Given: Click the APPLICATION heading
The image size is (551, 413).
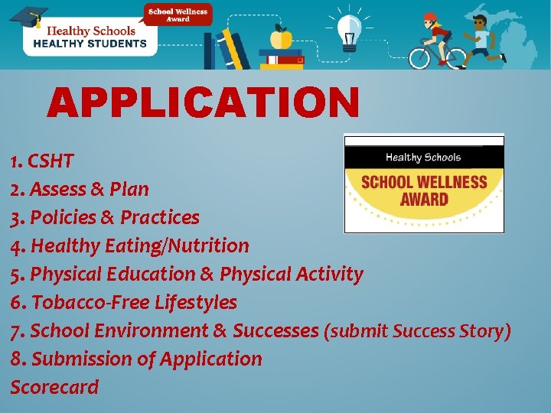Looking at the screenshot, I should (x=203, y=102).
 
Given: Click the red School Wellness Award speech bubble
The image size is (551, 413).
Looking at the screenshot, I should (x=178, y=15).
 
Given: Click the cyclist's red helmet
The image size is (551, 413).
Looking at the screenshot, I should (x=430, y=17).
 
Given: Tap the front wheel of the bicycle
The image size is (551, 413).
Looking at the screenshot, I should (x=452, y=57).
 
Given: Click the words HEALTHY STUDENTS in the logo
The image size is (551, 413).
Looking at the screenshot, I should (x=90, y=44).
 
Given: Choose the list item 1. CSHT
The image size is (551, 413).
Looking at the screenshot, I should (x=42, y=161).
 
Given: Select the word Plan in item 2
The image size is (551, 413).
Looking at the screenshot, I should (x=129, y=190).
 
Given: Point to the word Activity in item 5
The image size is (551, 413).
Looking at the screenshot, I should (x=329, y=275).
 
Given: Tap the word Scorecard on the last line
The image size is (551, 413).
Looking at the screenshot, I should (x=54, y=388).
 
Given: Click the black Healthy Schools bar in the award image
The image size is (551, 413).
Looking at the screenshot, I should (x=423, y=158).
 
